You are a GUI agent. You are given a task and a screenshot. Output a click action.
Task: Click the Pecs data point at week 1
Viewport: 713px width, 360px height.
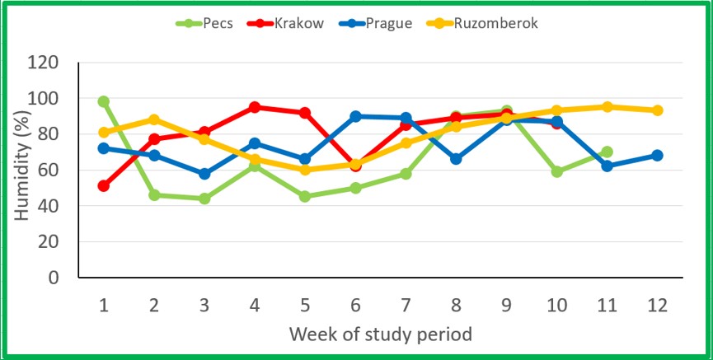click(104, 101)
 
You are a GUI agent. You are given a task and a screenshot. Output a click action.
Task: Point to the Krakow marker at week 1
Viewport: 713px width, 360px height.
click(104, 186)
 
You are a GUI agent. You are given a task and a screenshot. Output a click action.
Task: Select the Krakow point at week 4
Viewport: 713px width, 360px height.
click(255, 107)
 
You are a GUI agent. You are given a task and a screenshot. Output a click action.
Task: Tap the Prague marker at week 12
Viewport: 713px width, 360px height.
click(657, 156)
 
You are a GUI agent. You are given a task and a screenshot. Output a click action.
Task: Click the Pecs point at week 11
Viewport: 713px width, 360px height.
click(607, 152)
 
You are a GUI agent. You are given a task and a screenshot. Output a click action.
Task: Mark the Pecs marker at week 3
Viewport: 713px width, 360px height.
click(204, 199)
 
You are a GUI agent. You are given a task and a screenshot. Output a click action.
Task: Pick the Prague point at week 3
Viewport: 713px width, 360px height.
click(204, 174)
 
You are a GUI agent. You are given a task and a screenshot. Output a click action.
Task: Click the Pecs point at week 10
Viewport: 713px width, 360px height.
click(556, 171)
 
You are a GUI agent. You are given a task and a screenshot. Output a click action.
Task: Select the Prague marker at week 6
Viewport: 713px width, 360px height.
click(355, 116)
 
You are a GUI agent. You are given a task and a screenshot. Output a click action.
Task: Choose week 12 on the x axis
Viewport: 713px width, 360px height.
click(657, 305)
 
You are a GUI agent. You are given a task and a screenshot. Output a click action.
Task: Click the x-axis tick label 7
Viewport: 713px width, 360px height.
click(406, 305)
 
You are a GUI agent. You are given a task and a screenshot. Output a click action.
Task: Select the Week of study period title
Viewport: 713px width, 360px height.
click(380, 334)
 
